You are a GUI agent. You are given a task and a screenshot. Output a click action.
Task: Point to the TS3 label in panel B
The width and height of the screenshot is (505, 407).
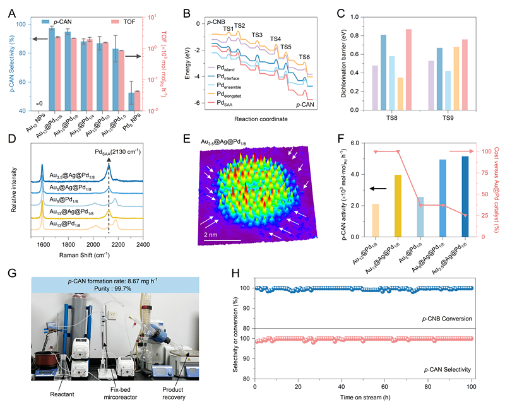[257, 35]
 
